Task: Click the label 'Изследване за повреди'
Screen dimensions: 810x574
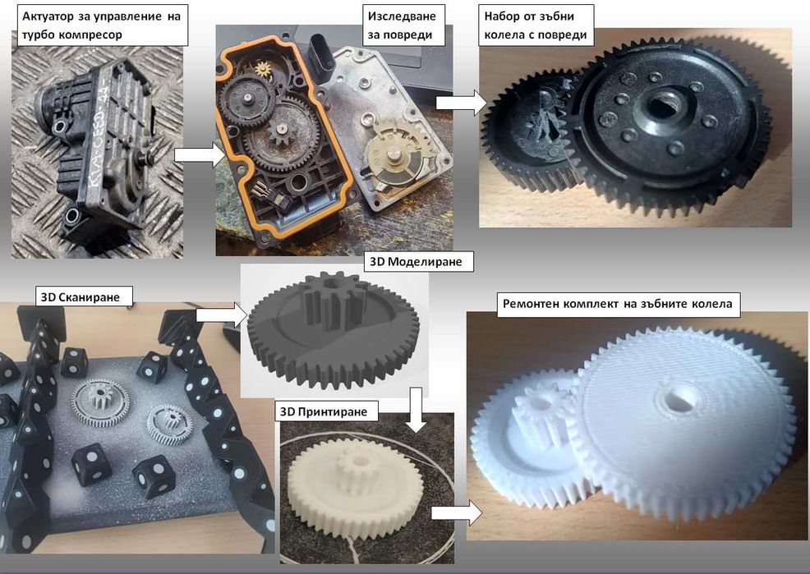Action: click(401, 25)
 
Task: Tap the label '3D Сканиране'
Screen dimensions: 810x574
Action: click(81, 296)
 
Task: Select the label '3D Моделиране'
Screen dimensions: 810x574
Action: click(416, 262)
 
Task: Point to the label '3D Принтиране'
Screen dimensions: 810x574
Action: click(324, 411)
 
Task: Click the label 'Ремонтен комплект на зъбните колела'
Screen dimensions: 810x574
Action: click(618, 304)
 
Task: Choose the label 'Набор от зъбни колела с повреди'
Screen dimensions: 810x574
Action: click(536, 25)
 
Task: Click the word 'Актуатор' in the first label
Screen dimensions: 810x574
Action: click(48, 16)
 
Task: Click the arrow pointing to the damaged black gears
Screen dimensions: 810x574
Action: click(462, 102)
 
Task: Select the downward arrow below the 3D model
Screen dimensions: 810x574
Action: click(416, 410)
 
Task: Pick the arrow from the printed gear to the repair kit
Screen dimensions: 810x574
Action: click(457, 512)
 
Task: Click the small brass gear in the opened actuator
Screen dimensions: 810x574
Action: click(264, 67)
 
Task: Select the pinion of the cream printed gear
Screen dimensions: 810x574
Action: click(354, 467)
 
